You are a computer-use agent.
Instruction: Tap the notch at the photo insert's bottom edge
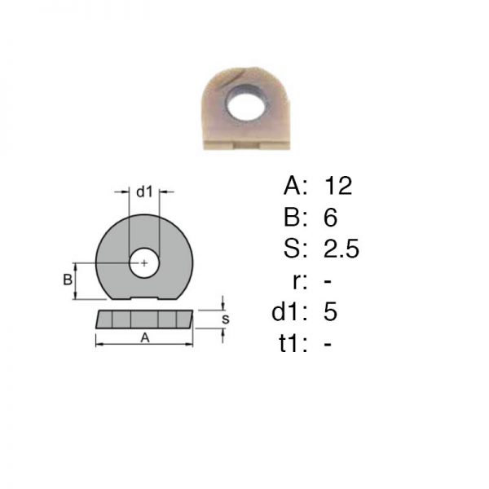[247, 146]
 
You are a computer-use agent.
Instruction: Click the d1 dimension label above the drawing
[144, 192]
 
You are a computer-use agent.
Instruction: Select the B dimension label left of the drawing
[68, 280]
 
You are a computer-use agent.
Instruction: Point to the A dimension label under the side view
[145, 337]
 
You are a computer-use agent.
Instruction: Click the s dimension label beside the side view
[226, 319]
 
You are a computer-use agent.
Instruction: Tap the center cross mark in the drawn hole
[144, 263]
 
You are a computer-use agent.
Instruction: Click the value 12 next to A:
[338, 186]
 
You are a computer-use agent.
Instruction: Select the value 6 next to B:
[331, 218]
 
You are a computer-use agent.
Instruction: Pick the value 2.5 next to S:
[341, 249]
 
